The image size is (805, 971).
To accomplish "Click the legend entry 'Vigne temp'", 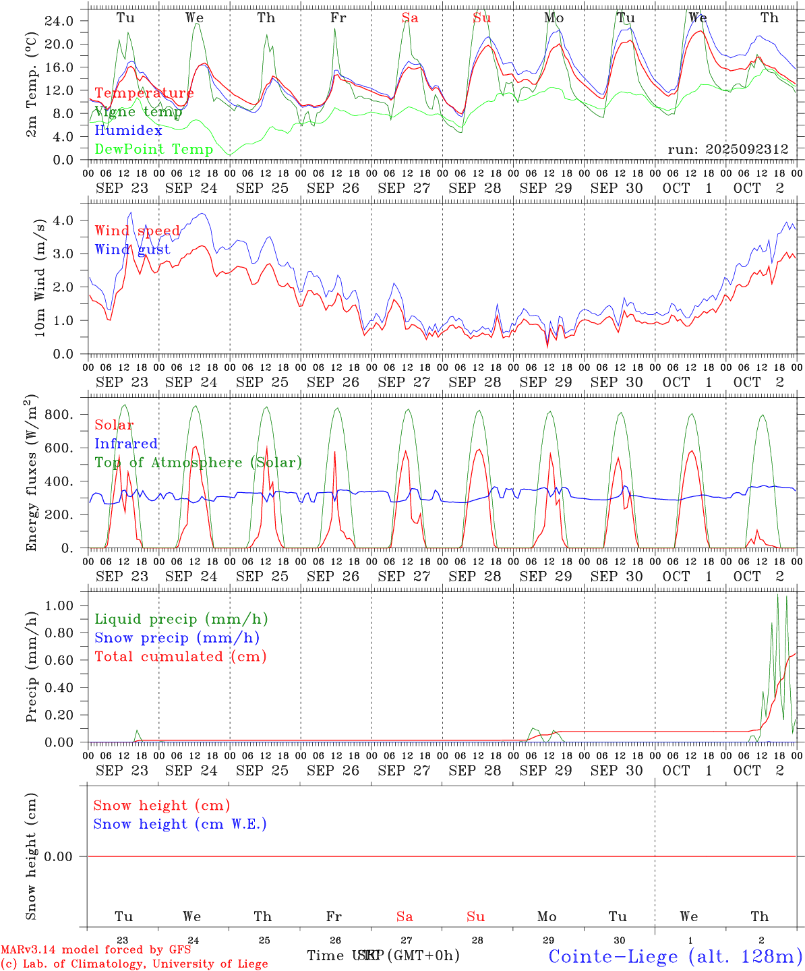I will (x=138, y=112).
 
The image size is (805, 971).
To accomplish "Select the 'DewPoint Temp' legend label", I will (x=154, y=150).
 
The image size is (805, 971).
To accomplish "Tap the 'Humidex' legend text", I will (x=128, y=131).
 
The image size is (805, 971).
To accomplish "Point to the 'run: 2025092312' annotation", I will (x=727, y=149).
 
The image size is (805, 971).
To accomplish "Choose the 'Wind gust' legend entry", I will (x=132, y=249).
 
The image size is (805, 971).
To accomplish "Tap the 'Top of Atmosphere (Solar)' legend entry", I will (x=198, y=463).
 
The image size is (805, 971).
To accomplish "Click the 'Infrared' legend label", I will (x=126, y=444).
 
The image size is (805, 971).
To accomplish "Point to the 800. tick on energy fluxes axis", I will (x=59, y=415).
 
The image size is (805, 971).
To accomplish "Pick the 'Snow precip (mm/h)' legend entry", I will (x=177, y=638).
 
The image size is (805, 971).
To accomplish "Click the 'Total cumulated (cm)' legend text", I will (x=180, y=657).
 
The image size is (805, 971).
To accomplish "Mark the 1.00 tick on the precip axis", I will (x=59, y=606).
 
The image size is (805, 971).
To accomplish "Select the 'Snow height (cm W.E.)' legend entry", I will (x=180, y=824).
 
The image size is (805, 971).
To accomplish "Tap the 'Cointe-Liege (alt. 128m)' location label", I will (x=675, y=956).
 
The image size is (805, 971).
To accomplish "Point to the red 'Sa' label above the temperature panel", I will (x=410, y=18).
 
